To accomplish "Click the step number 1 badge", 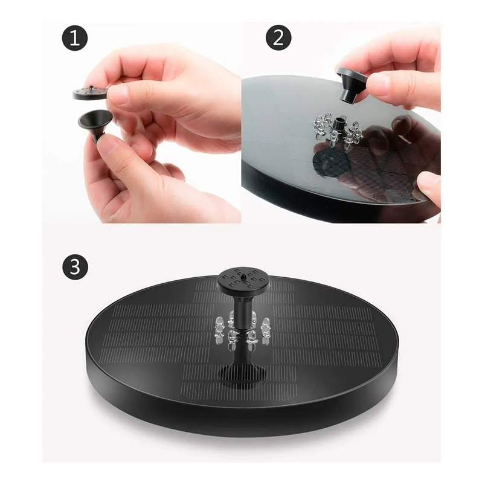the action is tap(75, 38).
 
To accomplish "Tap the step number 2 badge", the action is tap(278, 37).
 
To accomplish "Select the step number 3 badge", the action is tap(75, 266).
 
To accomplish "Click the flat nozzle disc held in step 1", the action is tap(90, 92).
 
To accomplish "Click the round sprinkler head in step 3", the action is tap(243, 279).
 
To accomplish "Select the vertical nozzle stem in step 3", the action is tap(242, 310).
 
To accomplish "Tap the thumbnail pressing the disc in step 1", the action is tap(118, 92).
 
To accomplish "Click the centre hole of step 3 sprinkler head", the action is tap(243, 275).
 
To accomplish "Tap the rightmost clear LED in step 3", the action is tap(266, 329).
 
